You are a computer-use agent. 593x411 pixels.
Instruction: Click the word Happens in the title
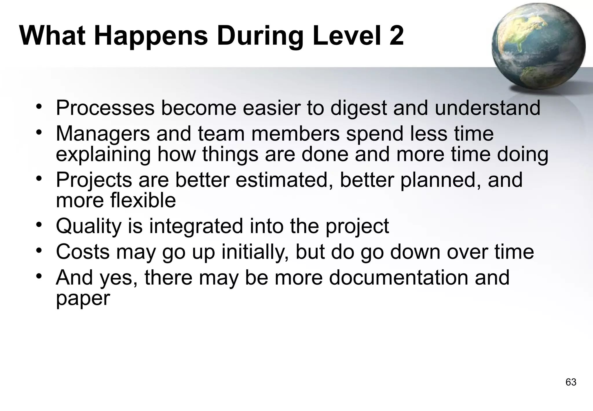pyautogui.click(x=151, y=36)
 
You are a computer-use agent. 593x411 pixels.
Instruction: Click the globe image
pyautogui.click(x=538, y=46)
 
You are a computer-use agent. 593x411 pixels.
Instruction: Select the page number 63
pyautogui.click(x=571, y=382)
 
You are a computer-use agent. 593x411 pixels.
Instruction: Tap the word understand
pyautogui.click(x=488, y=108)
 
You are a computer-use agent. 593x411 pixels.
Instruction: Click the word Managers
pyautogui.click(x=103, y=134)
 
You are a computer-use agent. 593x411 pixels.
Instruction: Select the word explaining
pyautogui.click(x=103, y=154)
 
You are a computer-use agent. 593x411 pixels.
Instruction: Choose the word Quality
pyautogui.click(x=89, y=226)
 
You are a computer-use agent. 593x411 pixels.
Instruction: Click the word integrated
pyautogui.click(x=196, y=226)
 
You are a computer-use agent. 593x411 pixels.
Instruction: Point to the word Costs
pyautogui.click(x=83, y=252)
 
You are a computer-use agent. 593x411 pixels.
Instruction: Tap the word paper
pyautogui.click(x=83, y=299)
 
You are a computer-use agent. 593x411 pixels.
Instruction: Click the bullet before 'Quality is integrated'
pyautogui.click(x=39, y=225)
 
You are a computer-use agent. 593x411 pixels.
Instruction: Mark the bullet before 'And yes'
pyautogui.click(x=39, y=276)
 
